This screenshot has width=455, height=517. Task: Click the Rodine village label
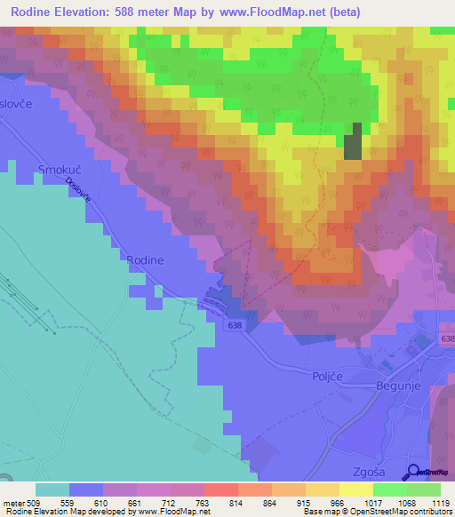click(x=147, y=258)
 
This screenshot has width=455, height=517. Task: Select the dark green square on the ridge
click(x=354, y=140)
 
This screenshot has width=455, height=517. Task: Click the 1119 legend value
click(x=440, y=502)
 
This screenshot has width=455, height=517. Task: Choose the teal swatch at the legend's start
click(x=52, y=489)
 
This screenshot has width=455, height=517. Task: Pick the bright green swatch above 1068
click(x=389, y=489)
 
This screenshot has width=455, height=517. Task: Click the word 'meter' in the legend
click(x=12, y=502)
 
